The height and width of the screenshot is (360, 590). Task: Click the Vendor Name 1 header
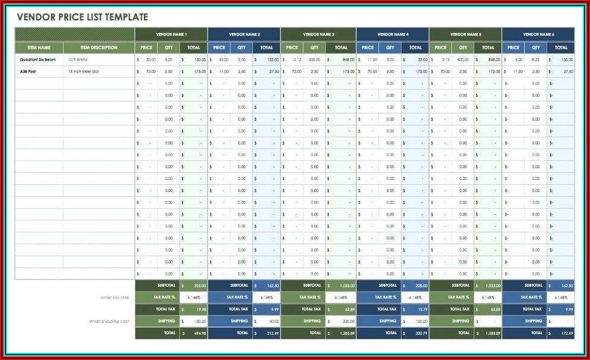tap(171, 34)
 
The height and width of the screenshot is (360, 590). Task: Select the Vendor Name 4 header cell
tap(393, 34)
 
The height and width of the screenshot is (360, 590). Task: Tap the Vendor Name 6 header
tap(538, 34)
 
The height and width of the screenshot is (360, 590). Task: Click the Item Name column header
tap(39, 47)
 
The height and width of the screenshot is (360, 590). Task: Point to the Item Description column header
tap(99, 47)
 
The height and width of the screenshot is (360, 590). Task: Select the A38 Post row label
tap(28, 71)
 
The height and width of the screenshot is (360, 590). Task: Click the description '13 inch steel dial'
tap(83, 71)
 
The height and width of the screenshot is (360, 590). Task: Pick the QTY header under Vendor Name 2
tap(242, 47)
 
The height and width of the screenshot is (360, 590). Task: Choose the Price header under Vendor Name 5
tap(441, 47)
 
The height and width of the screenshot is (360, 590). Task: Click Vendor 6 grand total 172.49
tap(564, 332)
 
